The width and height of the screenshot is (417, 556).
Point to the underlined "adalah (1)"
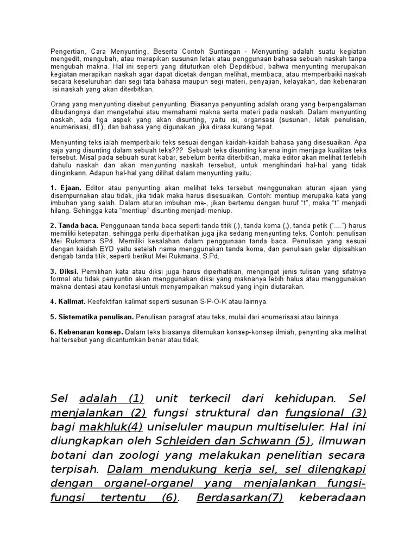[111, 398]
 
